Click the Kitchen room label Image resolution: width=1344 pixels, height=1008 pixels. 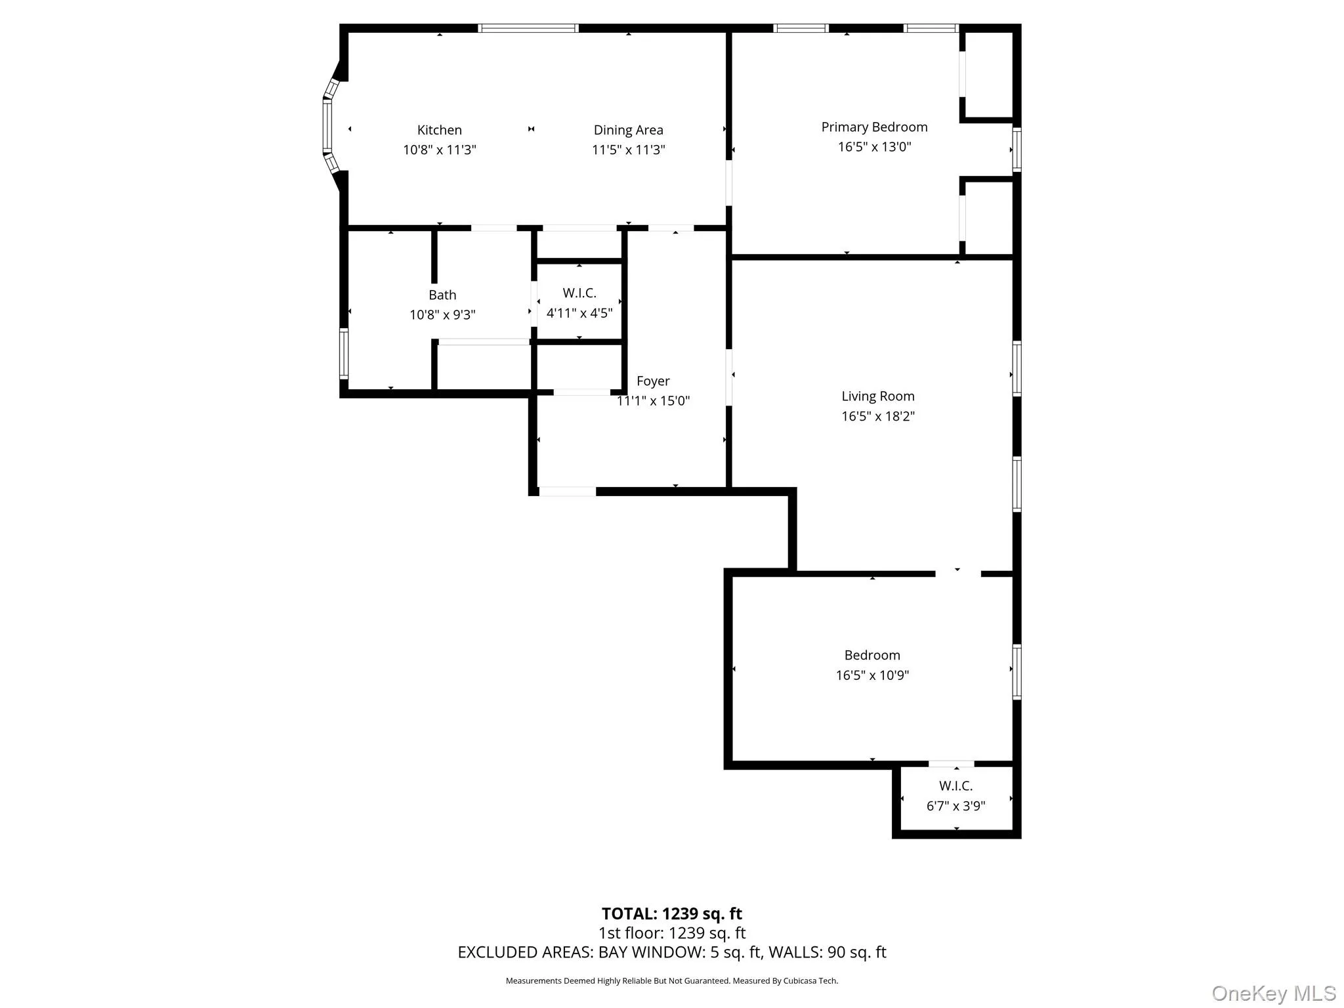[439, 130]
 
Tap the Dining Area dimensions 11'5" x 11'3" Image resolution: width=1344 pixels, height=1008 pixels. [628, 150]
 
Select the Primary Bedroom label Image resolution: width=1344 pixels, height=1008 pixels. [874, 127]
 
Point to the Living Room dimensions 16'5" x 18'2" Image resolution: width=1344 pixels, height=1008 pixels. [877, 416]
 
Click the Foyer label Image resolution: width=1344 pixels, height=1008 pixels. [653, 381]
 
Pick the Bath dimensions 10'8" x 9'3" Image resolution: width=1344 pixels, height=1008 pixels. [442, 315]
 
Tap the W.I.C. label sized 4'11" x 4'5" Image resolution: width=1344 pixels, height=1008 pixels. [579, 293]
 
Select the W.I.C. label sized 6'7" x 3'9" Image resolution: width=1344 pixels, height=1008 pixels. [955, 786]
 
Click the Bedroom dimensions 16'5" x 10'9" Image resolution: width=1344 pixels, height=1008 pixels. [871, 675]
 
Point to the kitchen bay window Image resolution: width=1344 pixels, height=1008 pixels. [327, 126]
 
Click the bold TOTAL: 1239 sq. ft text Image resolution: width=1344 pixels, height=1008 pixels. [671, 913]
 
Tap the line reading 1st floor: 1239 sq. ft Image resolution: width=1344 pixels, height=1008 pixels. [671, 933]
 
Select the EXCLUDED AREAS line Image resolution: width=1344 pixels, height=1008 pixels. [671, 952]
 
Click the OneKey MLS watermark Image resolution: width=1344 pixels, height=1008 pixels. [1273, 994]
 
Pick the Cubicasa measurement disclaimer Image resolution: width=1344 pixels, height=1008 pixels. [671, 980]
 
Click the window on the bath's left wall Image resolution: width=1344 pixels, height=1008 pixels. [343, 353]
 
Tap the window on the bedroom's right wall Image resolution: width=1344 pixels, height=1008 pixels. [1017, 671]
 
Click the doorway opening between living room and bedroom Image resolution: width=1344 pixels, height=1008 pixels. [957, 574]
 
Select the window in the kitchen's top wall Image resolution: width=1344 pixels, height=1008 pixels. [528, 28]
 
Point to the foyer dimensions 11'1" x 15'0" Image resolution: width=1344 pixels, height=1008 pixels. [653, 401]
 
